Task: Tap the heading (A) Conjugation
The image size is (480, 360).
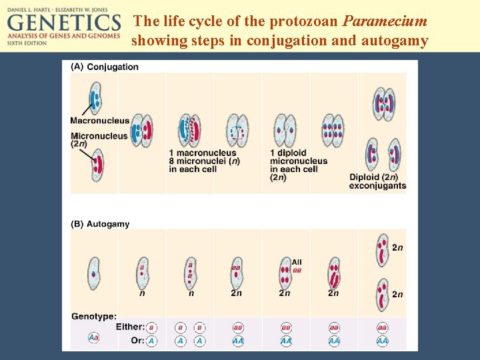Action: click(x=105, y=67)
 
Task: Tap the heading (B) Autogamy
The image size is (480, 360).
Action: click(x=100, y=224)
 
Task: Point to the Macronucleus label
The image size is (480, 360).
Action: click(x=100, y=121)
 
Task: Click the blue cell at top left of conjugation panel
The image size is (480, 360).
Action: click(x=95, y=98)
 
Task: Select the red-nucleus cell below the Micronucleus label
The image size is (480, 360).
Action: click(x=98, y=165)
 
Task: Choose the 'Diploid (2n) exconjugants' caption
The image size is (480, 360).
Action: click(x=377, y=181)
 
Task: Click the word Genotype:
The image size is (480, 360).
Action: click(x=94, y=316)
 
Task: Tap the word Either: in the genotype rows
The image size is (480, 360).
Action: click(x=130, y=327)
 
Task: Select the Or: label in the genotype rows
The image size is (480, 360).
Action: click(x=137, y=340)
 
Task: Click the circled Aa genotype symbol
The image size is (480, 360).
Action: click(x=94, y=338)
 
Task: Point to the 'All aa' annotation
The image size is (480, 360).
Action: click(x=297, y=266)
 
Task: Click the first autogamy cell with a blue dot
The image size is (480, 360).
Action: click(x=93, y=272)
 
